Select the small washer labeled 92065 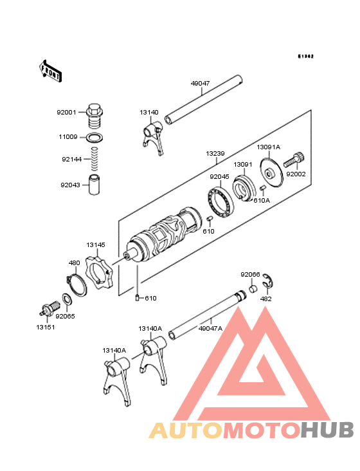click(66, 300)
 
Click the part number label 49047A click(210, 328)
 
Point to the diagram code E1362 click(305, 57)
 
